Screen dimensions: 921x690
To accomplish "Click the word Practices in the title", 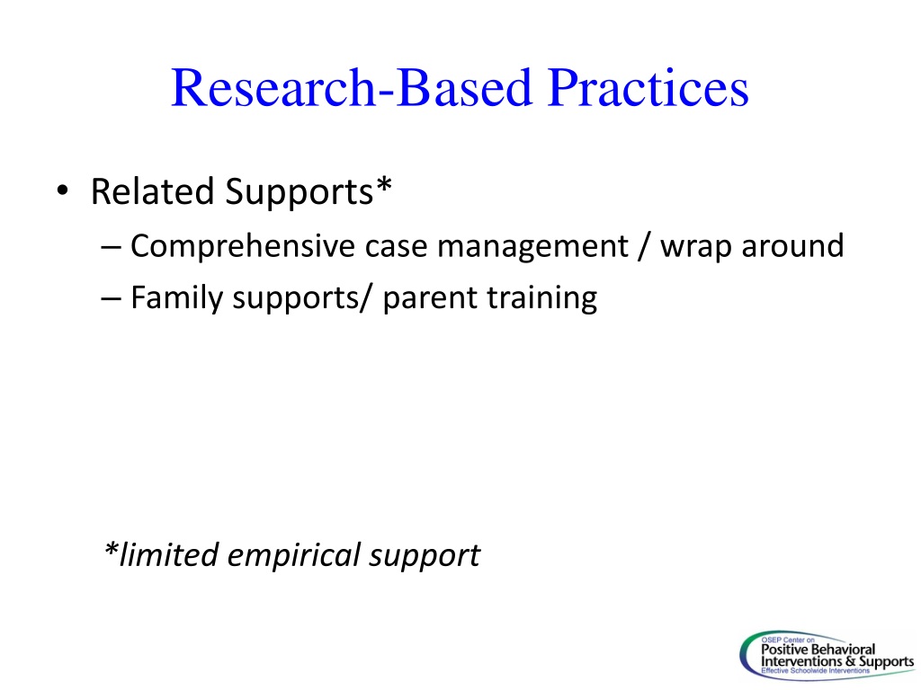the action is click(x=648, y=88).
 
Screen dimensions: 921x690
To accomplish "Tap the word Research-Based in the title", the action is click(x=352, y=88).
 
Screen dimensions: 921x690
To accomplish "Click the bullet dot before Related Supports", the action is click(x=62, y=190).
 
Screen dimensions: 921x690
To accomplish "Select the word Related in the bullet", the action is click(x=151, y=191).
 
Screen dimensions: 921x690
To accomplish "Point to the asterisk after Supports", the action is click(x=383, y=185).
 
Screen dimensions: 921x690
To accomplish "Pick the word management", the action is click(x=532, y=246).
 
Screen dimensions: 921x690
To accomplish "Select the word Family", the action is click(x=177, y=298).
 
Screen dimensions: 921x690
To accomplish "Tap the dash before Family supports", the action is click(x=111, y=298).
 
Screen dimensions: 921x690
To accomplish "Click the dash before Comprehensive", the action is click(x=111, y=247).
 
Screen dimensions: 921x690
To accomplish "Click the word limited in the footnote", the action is click(x=168, y=554).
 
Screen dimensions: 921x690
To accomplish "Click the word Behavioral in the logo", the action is click(x=844, y=650).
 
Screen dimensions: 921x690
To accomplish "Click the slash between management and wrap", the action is click(x=644, y=246).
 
